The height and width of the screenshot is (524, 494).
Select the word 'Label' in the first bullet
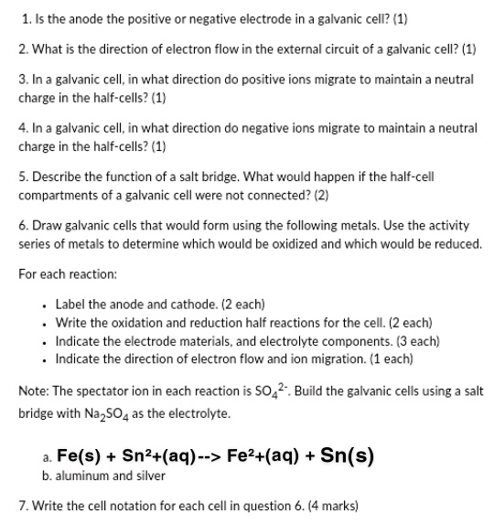click(x=70, y=304)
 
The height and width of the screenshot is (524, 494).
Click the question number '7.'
click(x=23, y=505)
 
